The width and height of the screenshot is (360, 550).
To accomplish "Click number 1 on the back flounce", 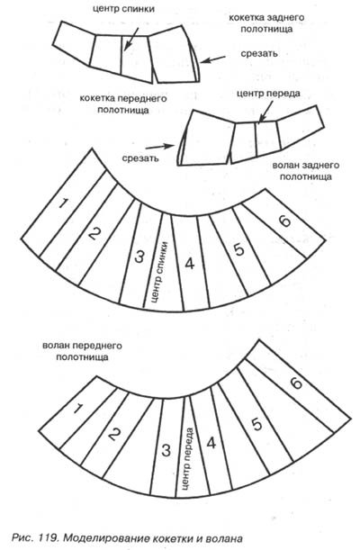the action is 63,203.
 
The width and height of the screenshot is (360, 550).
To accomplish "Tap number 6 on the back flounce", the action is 284,221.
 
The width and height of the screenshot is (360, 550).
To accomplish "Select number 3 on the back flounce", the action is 139,257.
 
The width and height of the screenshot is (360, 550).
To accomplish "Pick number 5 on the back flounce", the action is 239,249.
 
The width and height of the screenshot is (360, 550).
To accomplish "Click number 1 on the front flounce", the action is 78,409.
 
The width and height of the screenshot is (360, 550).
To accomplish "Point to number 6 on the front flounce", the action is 296,383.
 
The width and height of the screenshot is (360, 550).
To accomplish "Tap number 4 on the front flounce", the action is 211,443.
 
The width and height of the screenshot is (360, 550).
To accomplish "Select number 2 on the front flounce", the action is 114,435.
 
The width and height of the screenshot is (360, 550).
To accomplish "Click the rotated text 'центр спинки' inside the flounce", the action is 158,273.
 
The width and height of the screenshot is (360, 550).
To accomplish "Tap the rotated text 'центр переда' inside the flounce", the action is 187,458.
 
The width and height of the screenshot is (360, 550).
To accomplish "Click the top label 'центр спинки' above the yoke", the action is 123,9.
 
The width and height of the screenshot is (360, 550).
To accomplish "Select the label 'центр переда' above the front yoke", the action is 268,94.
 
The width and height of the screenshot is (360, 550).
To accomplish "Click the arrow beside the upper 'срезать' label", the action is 213,59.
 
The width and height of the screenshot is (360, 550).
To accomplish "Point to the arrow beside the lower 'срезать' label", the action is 160,147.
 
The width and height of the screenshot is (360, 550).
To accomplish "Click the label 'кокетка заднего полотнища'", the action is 266,23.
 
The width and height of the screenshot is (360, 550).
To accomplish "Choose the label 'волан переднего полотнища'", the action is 83,351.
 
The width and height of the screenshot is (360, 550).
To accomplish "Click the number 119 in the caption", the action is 49,537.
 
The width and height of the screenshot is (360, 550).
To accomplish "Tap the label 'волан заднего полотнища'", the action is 306,171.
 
